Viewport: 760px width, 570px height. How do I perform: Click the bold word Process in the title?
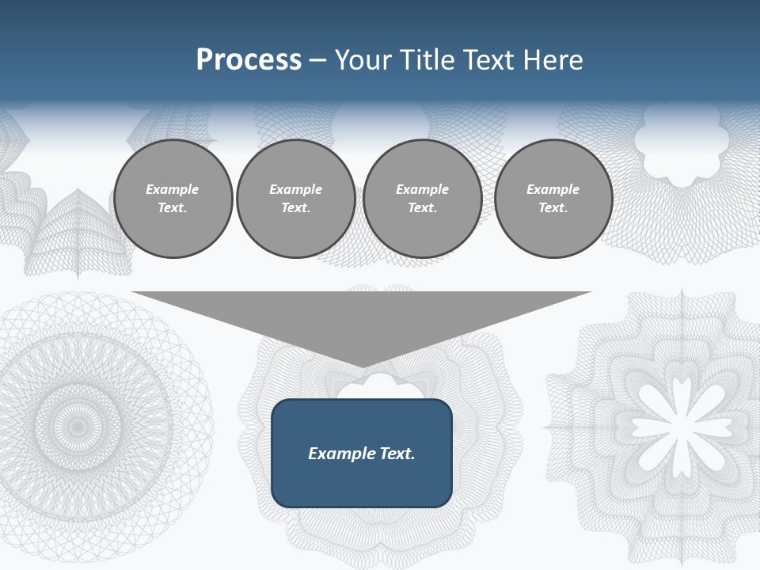pyautogui.click(x=249, y=60)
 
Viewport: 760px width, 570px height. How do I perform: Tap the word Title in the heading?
pyautogui.click(x=424, y=60)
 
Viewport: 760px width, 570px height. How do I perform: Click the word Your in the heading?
pyautogui.click(x=363, y=60)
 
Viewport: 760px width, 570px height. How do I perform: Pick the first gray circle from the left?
pyautogui.click(x=173, y=199)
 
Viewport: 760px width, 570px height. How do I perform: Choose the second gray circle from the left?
pyautogui.click(x=295, y=199)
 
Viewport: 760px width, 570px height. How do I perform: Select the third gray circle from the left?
pyautogui.click(x=422, y=199)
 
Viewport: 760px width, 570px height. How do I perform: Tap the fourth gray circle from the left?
pyautogui.click(x=553, y=199)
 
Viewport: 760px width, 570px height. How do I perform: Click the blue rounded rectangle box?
pyautogui.click(x=361, y=453)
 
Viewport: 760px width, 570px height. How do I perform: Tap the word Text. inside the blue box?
pyautogui.click(x=397, y=454)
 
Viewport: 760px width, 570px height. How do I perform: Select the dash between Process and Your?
pyautogui.click(x=318, y=60)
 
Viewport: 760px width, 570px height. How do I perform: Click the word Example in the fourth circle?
pyautogui.click(x=553, y=189)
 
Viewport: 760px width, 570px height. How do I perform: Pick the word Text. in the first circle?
pyautogui.click(x=173, y=208)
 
